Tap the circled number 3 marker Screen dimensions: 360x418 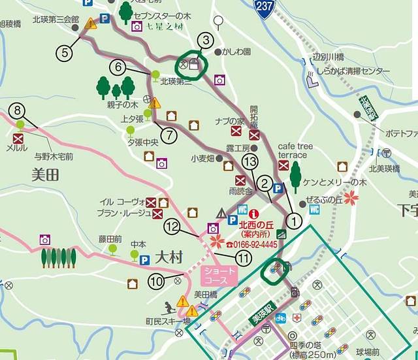click(x=205, y=41)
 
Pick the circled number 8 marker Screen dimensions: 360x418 click(x=18, y=110)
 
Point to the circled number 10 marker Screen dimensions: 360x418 click(x=157, y=281)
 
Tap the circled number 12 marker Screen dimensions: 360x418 click(x=172, y=227)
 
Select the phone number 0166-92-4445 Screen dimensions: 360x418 click(x=251, y=244)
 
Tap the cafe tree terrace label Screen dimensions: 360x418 click(x=292, y=150)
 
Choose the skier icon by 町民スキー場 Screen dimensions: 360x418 click(x=168, y=307)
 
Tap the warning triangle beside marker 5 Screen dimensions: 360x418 click(x=90, y=25)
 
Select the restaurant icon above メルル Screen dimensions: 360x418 click(x=18, y=138)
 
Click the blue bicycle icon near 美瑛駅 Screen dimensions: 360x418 click(x=280, y=318)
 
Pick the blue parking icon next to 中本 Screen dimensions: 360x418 click(x=145, y=260)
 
